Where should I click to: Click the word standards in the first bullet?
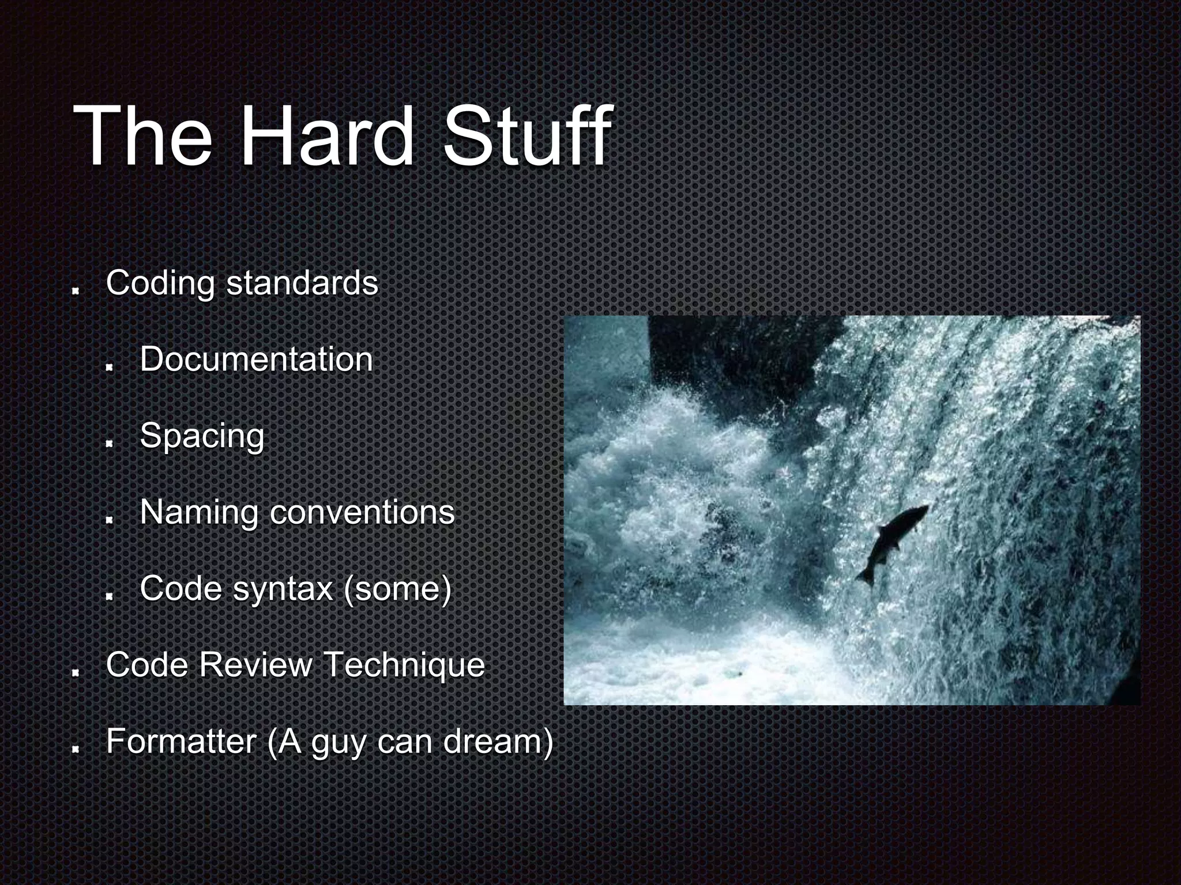click(302, 283)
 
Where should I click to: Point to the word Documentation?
click(256, 360)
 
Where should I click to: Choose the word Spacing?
click(202, 436)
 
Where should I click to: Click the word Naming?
click(199, 512)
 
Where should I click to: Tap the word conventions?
click(362, 512)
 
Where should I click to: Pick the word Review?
click(255, 665)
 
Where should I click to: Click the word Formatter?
click(181, 742)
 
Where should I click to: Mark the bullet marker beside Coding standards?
click(76, 291)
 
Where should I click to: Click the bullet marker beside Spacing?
click(110, 444)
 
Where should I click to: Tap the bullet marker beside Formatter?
click(76, 749)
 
